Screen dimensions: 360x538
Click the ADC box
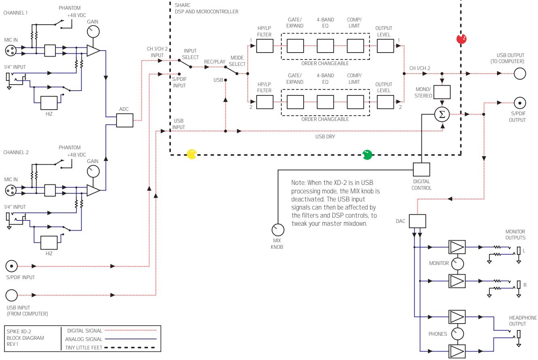(x=124, y=120)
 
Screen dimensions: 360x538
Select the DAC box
(x=418, y=221)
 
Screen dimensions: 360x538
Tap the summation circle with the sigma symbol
(x=442, y=114)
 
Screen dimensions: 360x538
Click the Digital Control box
(x=421, y=169)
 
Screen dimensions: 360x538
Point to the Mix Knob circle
(x=278, y=230)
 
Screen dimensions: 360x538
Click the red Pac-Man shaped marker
(x=461, y=39)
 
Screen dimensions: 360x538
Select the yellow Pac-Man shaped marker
(x=191, y=154)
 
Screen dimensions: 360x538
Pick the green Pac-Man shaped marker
(x=368, y=154)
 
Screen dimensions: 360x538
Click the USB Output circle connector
(x=520, y=74)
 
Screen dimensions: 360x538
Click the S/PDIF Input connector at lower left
(x=11, y=266)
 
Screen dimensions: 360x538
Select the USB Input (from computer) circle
(x=11, y=294)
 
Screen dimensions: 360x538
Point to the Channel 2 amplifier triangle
(x=93, y=191)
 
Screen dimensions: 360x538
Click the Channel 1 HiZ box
(x=49, y=103)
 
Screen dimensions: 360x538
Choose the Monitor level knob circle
(x=457, y=264)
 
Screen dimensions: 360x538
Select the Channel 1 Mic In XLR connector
(x=11, y=50)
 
